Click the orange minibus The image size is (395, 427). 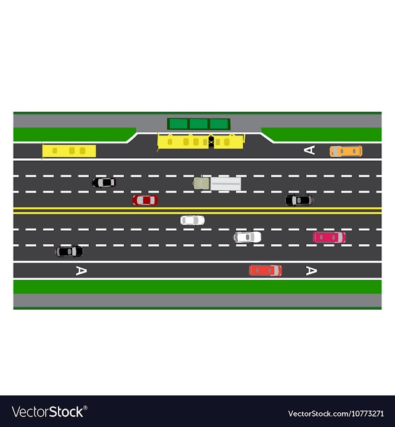[346, 151]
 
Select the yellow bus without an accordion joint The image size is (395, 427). [69, 151]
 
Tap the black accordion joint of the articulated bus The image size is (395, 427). [211, 142]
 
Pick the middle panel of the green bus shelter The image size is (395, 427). [199, 124]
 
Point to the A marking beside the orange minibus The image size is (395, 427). [309, 150]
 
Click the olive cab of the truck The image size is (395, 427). [201, 184]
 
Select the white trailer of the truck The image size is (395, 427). [225, 184]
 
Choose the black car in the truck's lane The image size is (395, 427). [104, 182]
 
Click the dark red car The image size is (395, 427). [145, 200]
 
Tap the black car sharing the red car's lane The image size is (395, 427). [299, 200]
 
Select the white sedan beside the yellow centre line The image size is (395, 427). [193, 220]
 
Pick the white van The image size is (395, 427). [247, 237]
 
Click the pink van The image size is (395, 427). [329, 237]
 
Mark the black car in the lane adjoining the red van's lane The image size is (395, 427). [69, 252]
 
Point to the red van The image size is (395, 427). [265, 271]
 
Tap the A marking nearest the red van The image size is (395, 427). [312, 271]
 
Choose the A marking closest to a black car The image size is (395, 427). [81, 271]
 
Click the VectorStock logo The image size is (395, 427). [49, 412]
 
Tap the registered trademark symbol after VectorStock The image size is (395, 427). [85, 408]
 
